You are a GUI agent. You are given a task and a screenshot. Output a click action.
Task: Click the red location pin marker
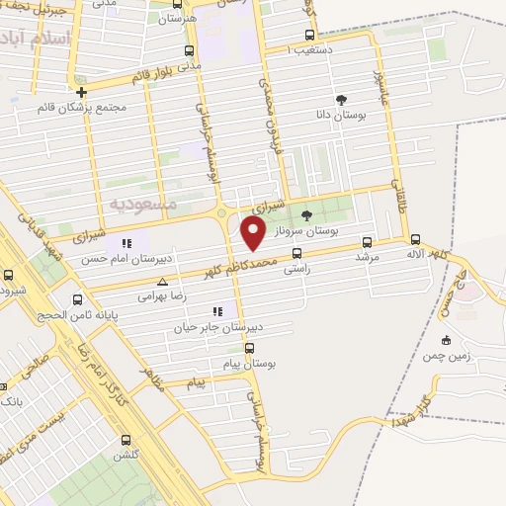click(254, 233)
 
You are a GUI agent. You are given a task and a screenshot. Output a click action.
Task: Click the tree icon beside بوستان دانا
click(341, 100)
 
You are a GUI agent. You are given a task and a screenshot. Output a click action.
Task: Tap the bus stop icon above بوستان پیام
click(249, 348)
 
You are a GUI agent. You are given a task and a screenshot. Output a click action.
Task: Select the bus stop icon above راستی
click(296, 253)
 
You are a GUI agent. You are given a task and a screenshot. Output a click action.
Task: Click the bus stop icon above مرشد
click(368, 241)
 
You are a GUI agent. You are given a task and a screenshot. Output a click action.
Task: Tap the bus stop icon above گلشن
click(126, 441)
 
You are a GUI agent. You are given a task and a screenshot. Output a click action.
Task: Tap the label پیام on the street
click(196, 382)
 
